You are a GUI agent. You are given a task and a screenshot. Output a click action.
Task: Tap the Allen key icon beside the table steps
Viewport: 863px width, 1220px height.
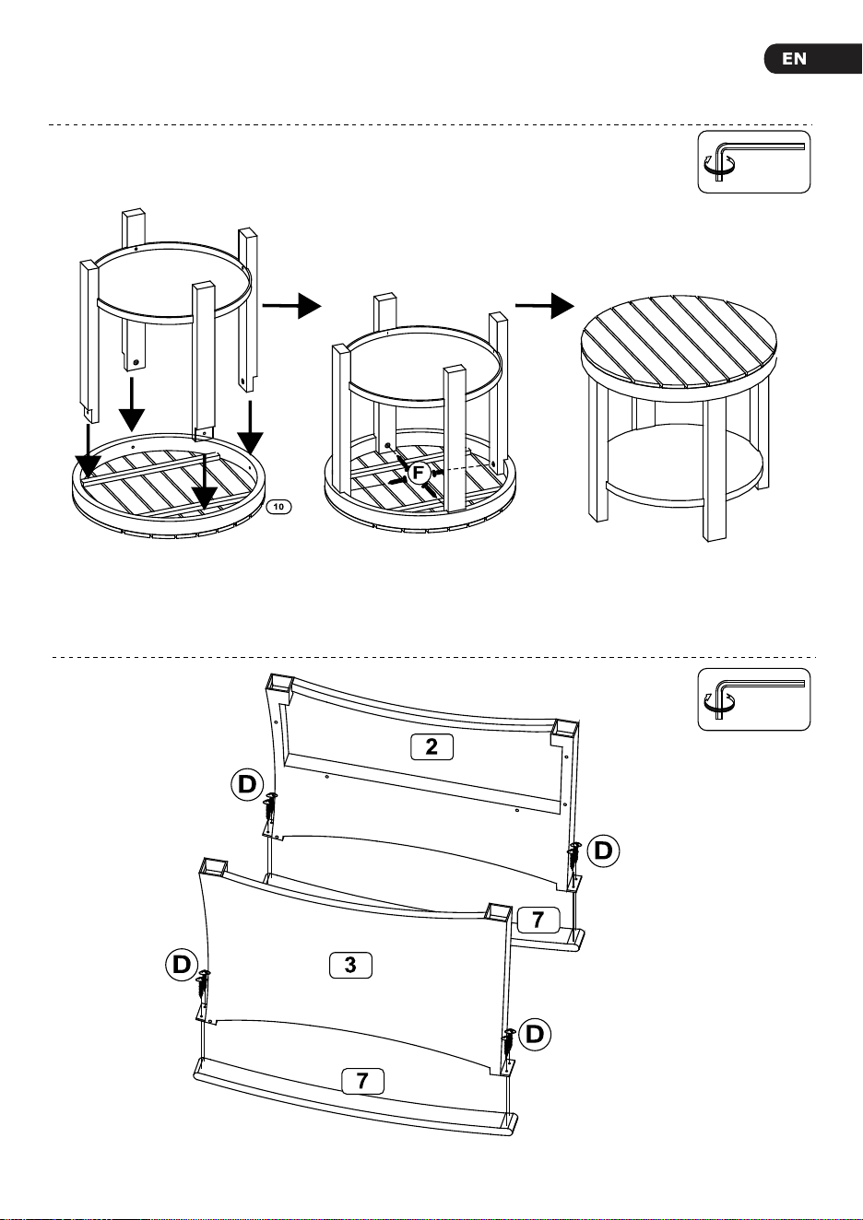[754, 162]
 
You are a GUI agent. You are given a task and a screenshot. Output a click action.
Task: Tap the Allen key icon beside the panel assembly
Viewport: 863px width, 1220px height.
[754, 699]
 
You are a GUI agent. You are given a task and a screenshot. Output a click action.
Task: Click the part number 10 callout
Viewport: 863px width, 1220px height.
[278, 507]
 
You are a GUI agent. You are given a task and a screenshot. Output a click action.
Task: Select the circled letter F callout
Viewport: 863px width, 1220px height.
[419, 472]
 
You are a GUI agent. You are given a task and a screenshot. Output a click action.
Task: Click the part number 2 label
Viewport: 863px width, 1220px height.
[431, 746]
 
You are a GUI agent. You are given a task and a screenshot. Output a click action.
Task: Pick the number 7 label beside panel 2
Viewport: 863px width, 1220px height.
[538, 920]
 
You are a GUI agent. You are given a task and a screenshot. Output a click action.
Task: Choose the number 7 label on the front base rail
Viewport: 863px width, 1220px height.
[362, 1081]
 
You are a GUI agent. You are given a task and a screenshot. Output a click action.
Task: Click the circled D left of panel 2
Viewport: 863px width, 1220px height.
[247, 785]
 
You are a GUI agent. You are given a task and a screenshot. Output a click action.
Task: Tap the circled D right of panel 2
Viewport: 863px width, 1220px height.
[603, 850]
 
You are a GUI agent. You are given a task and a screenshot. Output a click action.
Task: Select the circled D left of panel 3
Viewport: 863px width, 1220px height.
[182, 965]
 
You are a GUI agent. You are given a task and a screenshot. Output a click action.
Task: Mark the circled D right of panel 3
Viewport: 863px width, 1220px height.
[535, 1034]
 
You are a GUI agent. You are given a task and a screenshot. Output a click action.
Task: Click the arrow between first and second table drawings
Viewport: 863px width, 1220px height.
[292, 306]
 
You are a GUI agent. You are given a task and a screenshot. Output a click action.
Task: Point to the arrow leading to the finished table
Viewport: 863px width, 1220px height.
[545, 306]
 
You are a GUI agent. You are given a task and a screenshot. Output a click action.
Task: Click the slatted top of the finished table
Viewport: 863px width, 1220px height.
[680, 342]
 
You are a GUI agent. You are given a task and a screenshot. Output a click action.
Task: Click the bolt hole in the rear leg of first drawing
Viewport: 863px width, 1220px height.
[136, 362]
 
